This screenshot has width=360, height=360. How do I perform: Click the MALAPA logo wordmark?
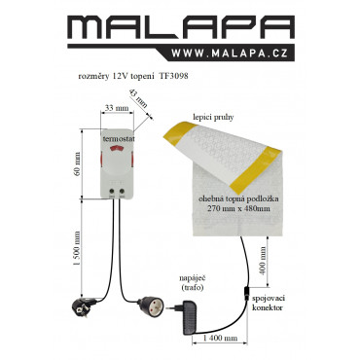(181, 27)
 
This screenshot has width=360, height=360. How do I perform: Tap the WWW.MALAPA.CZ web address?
(230, 54)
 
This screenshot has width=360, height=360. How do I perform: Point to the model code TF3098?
(173, 77)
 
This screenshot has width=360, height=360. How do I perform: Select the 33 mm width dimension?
(117, 108)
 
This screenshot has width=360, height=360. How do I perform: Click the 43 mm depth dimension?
(138, 98)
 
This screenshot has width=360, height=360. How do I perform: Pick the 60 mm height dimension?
(77, 163)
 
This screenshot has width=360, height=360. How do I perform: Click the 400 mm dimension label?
(262, 261)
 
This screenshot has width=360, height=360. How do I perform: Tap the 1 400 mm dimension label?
(221, 339)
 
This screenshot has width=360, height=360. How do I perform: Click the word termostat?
(119, 138)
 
